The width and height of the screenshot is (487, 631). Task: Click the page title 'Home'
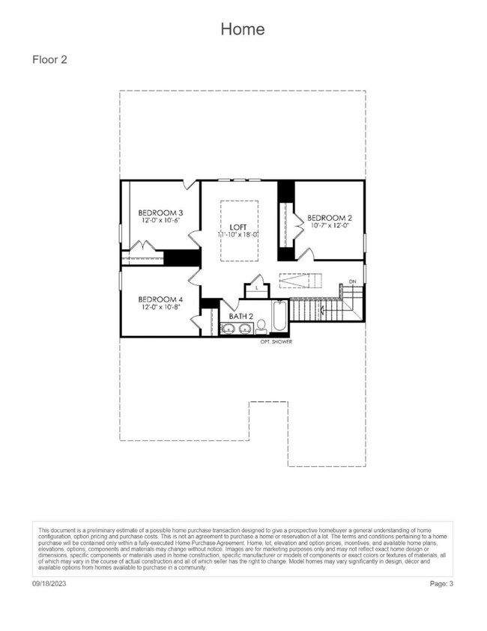tap(243, 29)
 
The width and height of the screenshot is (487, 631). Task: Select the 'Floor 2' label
tap(50, 59)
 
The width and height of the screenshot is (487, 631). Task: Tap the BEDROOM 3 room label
tap(161, 213)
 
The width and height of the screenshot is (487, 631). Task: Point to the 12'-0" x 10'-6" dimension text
tap(161, 221)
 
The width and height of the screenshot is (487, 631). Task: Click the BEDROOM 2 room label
tap(330, 218)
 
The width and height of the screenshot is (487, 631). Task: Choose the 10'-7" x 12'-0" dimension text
tap(330, 226)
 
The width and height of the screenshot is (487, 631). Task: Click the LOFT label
tap(238, 227)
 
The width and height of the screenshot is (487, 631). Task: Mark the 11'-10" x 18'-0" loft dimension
tap(238, 235)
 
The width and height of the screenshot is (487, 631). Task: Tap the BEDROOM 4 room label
tap(160, 299)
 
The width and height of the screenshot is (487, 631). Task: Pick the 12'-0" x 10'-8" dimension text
tap(160, 307)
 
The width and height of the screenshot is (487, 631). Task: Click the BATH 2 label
tap(241, 317)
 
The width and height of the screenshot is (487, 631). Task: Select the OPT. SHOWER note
tap(276, 342)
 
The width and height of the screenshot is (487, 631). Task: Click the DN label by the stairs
tap(351, 282)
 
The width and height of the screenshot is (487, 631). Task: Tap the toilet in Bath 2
tap(261, 326)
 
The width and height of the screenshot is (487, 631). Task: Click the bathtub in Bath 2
tap(279, 318)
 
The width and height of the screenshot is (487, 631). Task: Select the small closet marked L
tap(256, 287)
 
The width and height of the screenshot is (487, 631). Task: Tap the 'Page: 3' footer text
tap(441, 582)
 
